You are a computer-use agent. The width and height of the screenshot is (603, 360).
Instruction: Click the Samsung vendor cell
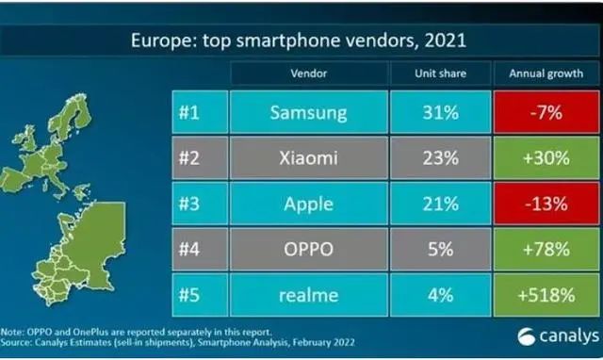pyautogui.click(x=308, y=112)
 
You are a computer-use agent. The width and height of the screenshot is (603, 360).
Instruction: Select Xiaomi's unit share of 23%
pyautogui.click(x=440, y=157)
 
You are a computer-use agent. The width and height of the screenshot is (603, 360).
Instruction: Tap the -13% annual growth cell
pyautogui.click(x=546, y=204)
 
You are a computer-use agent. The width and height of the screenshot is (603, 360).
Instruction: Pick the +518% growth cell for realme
pyautogui.click(x=546, y=295)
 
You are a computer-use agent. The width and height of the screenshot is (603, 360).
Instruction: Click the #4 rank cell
pyautogui.click(x=200, y=249)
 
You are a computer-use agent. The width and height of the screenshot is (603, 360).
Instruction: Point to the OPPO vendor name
pyautogui.click(x=308, y=249)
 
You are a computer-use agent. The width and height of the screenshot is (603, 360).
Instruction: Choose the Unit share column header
pyautogui.click(x=440, y=74)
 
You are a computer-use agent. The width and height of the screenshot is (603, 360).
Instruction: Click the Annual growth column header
pyautogui.click(x=546, y=74)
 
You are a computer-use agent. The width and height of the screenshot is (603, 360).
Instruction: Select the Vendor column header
pyautogui.click(x=308, y=74)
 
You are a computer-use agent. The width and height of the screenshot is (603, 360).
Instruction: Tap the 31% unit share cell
pyautogui.click(x=440, y=112)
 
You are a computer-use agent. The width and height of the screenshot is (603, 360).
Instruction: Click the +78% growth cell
pyautogui.click(x=546, y=249)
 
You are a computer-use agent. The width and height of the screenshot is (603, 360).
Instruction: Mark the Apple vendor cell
pyautogui.click(x=308, y=204)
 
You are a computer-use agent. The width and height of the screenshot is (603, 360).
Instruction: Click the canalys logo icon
pyautogui.click(x=526, y=337)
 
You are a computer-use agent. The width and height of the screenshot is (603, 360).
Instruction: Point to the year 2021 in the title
pyautogui.click(x=446, y=40)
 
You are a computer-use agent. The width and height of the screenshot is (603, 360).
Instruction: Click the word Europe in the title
pyautogui.click(x=161, y=41)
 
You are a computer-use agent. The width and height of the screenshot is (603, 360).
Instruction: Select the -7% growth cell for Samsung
pyautogui.click(x=546, y=112)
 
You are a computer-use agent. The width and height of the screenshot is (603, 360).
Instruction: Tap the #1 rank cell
pyautogui.click(x=200, y=112)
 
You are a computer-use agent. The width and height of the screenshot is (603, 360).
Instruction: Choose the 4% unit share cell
pyautogui.click(x=440, y=295)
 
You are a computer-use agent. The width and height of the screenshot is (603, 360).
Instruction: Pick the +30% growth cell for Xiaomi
pyautogui.click(x=546, y=157)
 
